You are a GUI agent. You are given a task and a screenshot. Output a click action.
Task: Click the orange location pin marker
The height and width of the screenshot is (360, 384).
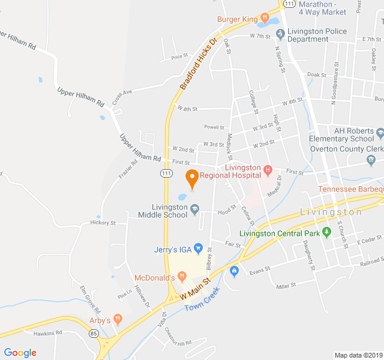pyautogui.click(x=192, y=178)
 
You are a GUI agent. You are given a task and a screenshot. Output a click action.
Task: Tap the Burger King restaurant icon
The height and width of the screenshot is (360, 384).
pyautogui.click(x=264, y=18)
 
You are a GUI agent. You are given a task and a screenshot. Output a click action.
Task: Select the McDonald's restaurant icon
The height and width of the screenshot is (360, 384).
pyautogui.click(x=182, y=277)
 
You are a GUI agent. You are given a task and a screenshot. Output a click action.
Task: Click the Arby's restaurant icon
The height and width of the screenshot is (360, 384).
pyautogui.click(x=118, y=320)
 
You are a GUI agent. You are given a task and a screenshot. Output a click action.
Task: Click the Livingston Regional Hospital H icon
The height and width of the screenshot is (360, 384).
pyautogui.click(x=268, y=167)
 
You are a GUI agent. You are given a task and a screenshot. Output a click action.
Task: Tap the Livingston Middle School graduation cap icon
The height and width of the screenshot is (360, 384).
pyautogui.click(x=194, y=209)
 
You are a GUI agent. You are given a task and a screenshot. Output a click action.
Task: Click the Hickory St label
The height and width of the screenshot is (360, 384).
pyautogui.click(x=103, y=223)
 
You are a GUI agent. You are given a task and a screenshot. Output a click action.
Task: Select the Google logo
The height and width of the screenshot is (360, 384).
pyautogui.click(x=20, y=353)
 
